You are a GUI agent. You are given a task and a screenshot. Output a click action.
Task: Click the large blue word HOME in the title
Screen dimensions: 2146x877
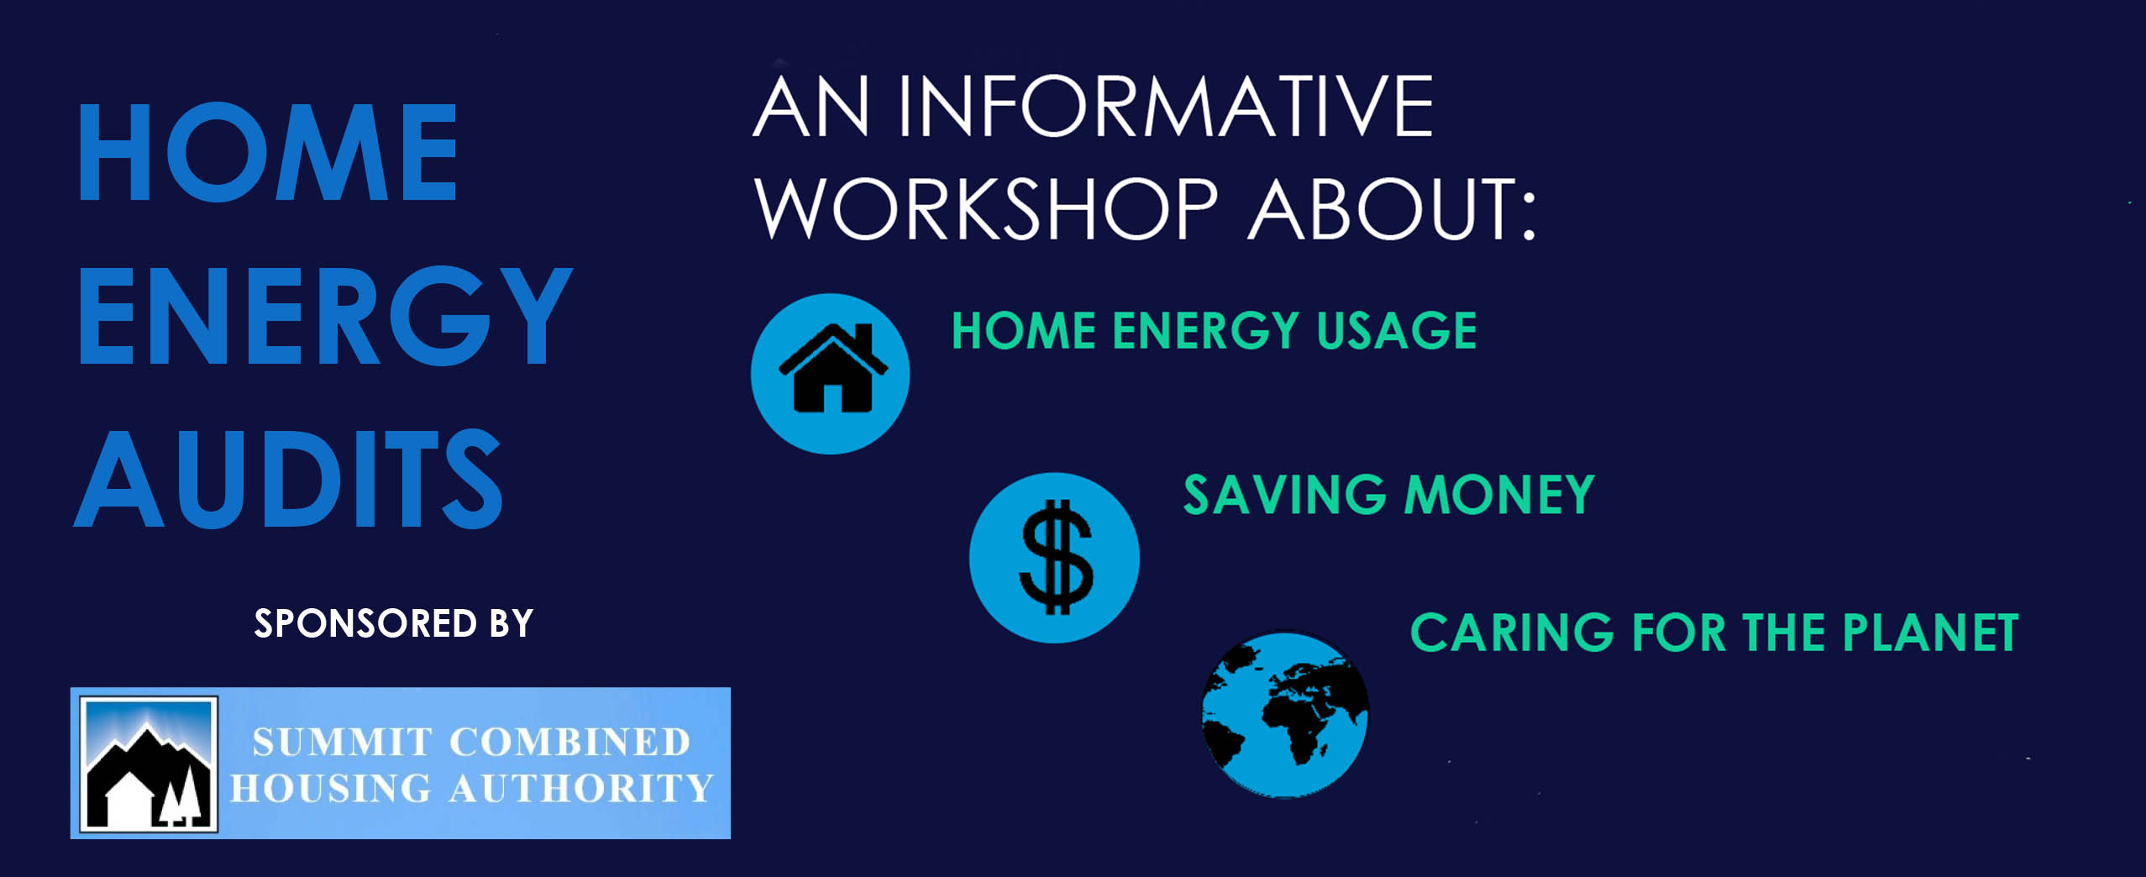click(268, 152)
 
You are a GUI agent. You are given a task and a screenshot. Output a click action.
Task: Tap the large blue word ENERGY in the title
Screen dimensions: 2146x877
click(325, 315)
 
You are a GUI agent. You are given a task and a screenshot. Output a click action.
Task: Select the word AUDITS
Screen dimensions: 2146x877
click(289, 478)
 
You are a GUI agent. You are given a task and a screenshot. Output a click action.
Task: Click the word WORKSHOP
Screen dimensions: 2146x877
click(986, 208)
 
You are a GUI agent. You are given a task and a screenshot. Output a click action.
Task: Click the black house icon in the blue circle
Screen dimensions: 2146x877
click(832, 368)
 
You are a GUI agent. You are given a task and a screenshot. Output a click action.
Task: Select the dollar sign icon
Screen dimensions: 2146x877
click(1056, 557)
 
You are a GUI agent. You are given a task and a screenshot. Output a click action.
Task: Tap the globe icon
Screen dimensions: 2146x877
click(1285, 715)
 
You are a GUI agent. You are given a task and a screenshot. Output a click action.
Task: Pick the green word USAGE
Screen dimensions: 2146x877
click(1397, 330)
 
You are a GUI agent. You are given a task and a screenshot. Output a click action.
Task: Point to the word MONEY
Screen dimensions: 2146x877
click(1500, 494)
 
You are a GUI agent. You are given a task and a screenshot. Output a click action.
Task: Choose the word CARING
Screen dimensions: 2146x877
click(1512, 633)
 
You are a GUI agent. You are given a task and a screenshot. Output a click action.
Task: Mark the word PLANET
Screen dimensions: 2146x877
click(1930, 633)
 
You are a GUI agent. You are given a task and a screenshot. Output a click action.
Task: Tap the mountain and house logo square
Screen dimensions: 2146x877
click(149, 764)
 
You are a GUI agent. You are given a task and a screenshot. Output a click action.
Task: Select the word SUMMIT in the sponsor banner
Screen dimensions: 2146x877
click(342, 743)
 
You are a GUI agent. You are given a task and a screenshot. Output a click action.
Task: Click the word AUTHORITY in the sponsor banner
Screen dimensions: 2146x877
click(580, 789)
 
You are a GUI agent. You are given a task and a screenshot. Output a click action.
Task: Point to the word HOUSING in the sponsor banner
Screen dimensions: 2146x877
click(331, 789)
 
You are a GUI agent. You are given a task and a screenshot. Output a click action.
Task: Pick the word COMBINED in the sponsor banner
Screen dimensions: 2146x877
click(570, 743)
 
